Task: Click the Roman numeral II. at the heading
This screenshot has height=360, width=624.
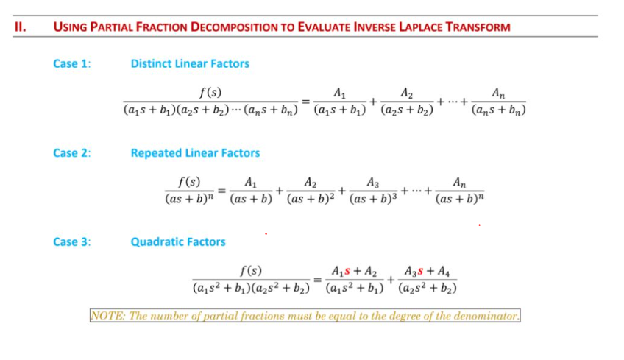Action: (x=21, y=27)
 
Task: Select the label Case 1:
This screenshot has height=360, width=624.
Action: (x=72, y=63)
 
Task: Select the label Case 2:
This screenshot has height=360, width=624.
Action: (x=72, y=153)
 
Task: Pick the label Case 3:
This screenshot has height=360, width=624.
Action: (x=72, y=241)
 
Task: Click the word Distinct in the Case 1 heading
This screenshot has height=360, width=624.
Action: (x=152, y=63)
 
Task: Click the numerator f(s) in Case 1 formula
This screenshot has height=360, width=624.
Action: (x=211, y=92)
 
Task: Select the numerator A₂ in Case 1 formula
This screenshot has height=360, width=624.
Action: (x=407, y=93)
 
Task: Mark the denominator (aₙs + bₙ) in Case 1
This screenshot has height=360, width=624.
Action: (x=499, y=111)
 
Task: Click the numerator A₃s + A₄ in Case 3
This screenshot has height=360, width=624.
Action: (x=427, y=270)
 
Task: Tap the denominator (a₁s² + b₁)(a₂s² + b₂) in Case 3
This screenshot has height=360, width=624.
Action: (x=251, y=288)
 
